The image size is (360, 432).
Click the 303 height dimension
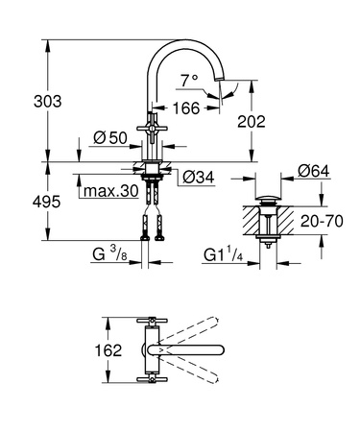pyautogui.click(x=21, y=100)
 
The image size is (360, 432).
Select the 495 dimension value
pyautogui.click(x=21, y=203)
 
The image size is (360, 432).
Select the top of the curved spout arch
pyautogui.click(x=188, y=42)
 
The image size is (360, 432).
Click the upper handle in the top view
pyautogui.click(x=150, y=322)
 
